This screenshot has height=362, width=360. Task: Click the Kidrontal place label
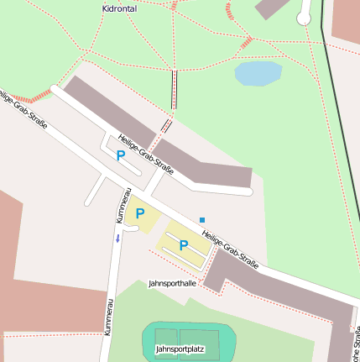(119, 8)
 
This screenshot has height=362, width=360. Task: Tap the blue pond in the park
(258, 74)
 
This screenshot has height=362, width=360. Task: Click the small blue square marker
(202, 220)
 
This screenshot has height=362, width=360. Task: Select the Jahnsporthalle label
(172, 284)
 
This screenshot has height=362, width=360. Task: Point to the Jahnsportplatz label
(180, 348)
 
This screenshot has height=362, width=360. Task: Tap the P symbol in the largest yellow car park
(183, 245)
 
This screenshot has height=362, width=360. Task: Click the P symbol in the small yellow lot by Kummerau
(140, 213)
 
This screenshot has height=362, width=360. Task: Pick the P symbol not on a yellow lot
(120, 155)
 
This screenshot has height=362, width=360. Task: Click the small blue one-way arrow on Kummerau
(117, 239)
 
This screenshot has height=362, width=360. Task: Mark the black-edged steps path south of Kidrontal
(175, 89)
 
